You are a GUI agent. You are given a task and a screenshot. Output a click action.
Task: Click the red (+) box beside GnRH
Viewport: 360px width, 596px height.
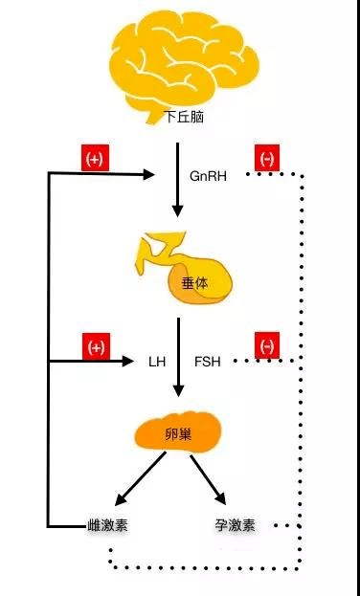point(94,160)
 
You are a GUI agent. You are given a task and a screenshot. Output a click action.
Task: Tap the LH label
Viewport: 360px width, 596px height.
point(157,363)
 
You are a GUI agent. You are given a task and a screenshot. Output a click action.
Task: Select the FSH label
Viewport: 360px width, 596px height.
point(208,363)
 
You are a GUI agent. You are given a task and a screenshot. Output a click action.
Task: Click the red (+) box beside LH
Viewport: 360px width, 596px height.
point(95,346)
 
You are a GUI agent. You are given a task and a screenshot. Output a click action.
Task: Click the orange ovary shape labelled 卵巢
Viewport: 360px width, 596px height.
point(178,434)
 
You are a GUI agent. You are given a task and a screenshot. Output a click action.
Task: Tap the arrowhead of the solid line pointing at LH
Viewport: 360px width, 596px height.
point(129,362)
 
